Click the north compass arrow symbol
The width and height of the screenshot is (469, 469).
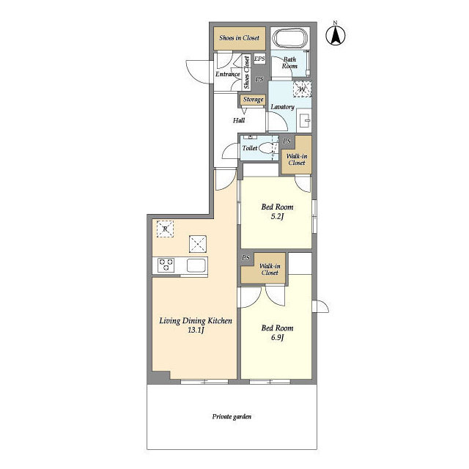[x=336, y=34]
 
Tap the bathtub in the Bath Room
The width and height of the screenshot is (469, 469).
[x=290, y=38]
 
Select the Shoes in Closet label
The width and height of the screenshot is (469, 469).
[x=240, y=38]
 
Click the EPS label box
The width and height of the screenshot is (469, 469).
[x=259, y=59]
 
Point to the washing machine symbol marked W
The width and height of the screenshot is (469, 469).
[x=302, y=89]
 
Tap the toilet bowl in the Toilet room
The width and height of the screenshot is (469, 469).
[x=267, y=148]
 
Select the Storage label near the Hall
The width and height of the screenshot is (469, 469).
[x=253, y=100]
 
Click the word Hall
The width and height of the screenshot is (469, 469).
[x=239, y=120]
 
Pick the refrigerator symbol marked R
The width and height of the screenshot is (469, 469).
[x=165, y=229]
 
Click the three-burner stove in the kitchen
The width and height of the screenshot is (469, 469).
[x=166, y=265]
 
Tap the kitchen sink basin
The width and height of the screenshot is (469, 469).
[x=196, y=265]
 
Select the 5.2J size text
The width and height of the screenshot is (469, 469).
[x=277, y=217]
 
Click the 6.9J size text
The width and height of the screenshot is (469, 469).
[x=277, y=338]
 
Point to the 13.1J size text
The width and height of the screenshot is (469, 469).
[x=196, y=330]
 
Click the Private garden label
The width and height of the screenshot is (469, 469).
[x=232, y=417]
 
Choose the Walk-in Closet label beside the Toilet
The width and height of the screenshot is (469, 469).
[x=297, y=160]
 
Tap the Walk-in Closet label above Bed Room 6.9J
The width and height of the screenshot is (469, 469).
[x=270, y=269]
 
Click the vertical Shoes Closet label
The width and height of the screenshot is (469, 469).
[x=246, y=73]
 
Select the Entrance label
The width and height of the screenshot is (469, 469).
[x=228, y=74]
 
